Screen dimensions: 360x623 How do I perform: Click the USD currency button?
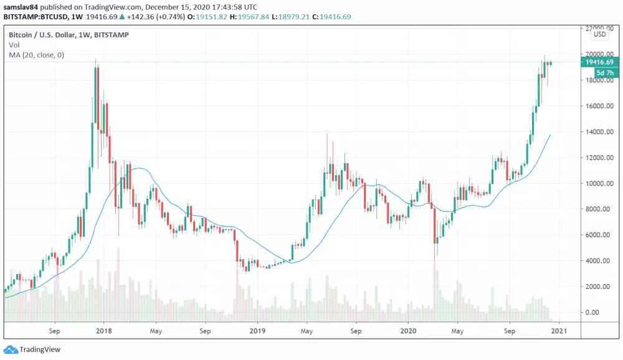(600, 35)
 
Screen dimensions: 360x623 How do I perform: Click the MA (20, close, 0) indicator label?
(36, 55)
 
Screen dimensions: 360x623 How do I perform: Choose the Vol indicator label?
(14, 45)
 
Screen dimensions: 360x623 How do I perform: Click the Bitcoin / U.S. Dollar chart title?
(69, 35)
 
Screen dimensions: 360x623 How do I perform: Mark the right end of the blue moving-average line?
(550, 135)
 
